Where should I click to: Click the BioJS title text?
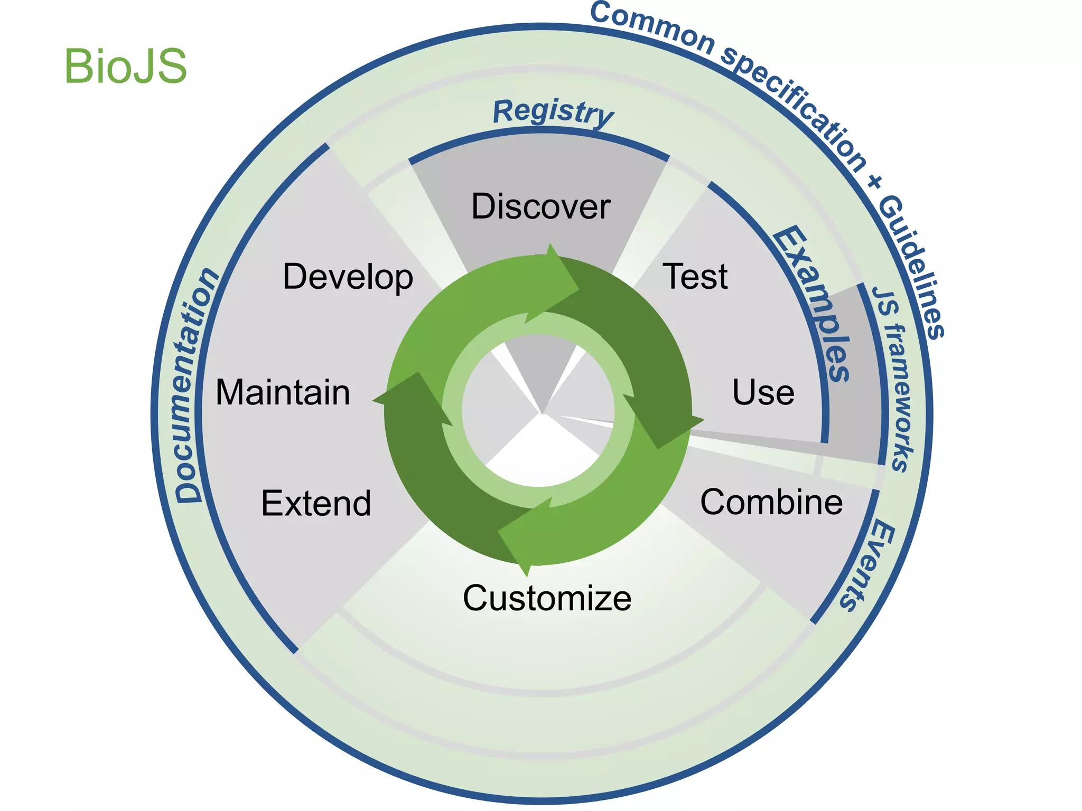[x=126, y=67]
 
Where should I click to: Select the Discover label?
[x=540, y=206]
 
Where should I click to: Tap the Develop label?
[x=348, y=277]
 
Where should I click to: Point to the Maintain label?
[x=283, y=393]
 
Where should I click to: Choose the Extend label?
[x=316, y=503]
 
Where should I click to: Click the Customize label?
[x=547, y=598]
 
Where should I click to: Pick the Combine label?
[x=771, y=502]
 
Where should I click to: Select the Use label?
[x=763, y=393]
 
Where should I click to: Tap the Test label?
[x=695, y=277]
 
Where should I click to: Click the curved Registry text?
[x=553, y=112]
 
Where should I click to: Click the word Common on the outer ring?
[x=652, y=26]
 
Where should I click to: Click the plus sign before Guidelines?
[x=874, y=182]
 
